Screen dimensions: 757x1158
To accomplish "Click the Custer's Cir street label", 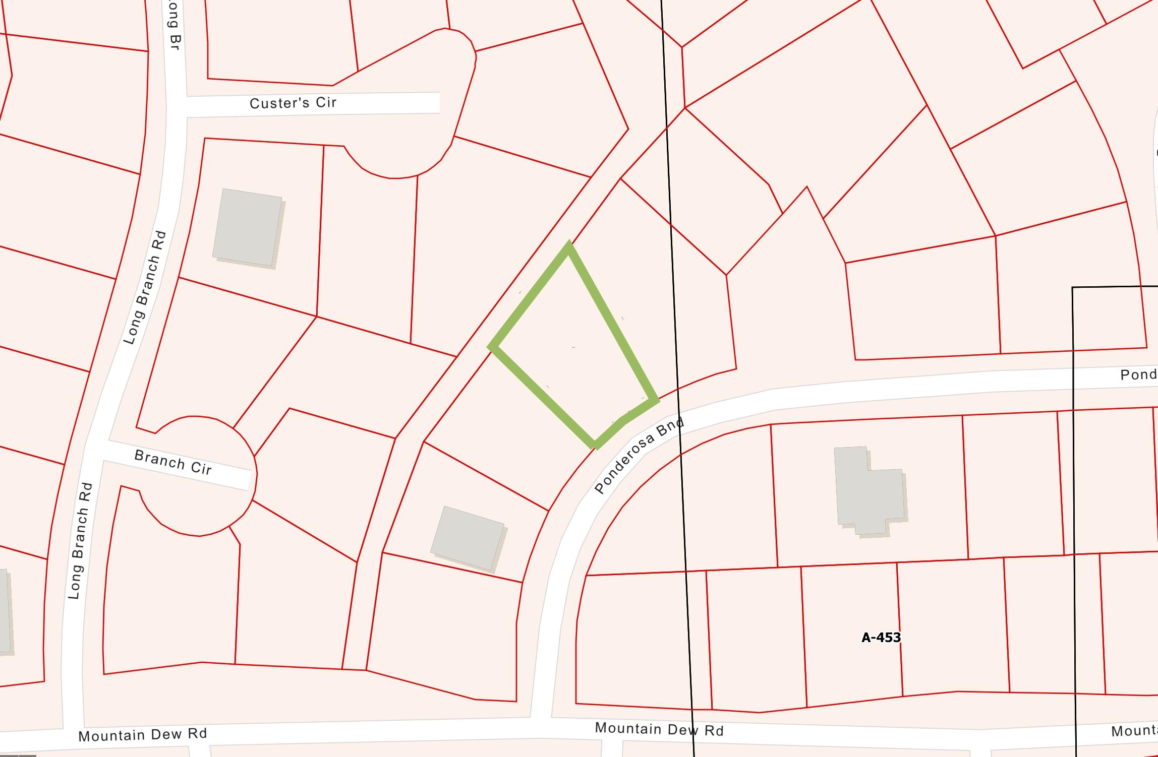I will tap(293, 103).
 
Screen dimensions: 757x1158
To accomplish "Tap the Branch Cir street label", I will tap(173, 462).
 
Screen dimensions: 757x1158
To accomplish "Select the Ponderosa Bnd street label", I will tap(639, 455).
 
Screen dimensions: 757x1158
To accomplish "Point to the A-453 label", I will tap(881, 638).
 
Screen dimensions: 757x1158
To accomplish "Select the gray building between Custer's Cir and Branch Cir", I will tap(248, 228).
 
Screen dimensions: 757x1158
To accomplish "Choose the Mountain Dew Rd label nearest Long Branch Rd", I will tap(142, 735).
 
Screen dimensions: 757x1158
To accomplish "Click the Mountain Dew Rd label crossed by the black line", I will tap(659, 729).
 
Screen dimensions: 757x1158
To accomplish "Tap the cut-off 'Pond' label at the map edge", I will tap(1138, 374).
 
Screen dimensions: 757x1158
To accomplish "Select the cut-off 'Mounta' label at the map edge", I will tap(1134, 731).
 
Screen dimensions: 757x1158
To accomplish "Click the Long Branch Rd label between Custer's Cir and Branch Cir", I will tap(145, 288).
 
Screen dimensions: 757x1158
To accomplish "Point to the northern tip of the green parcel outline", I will tap(568, 245).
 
